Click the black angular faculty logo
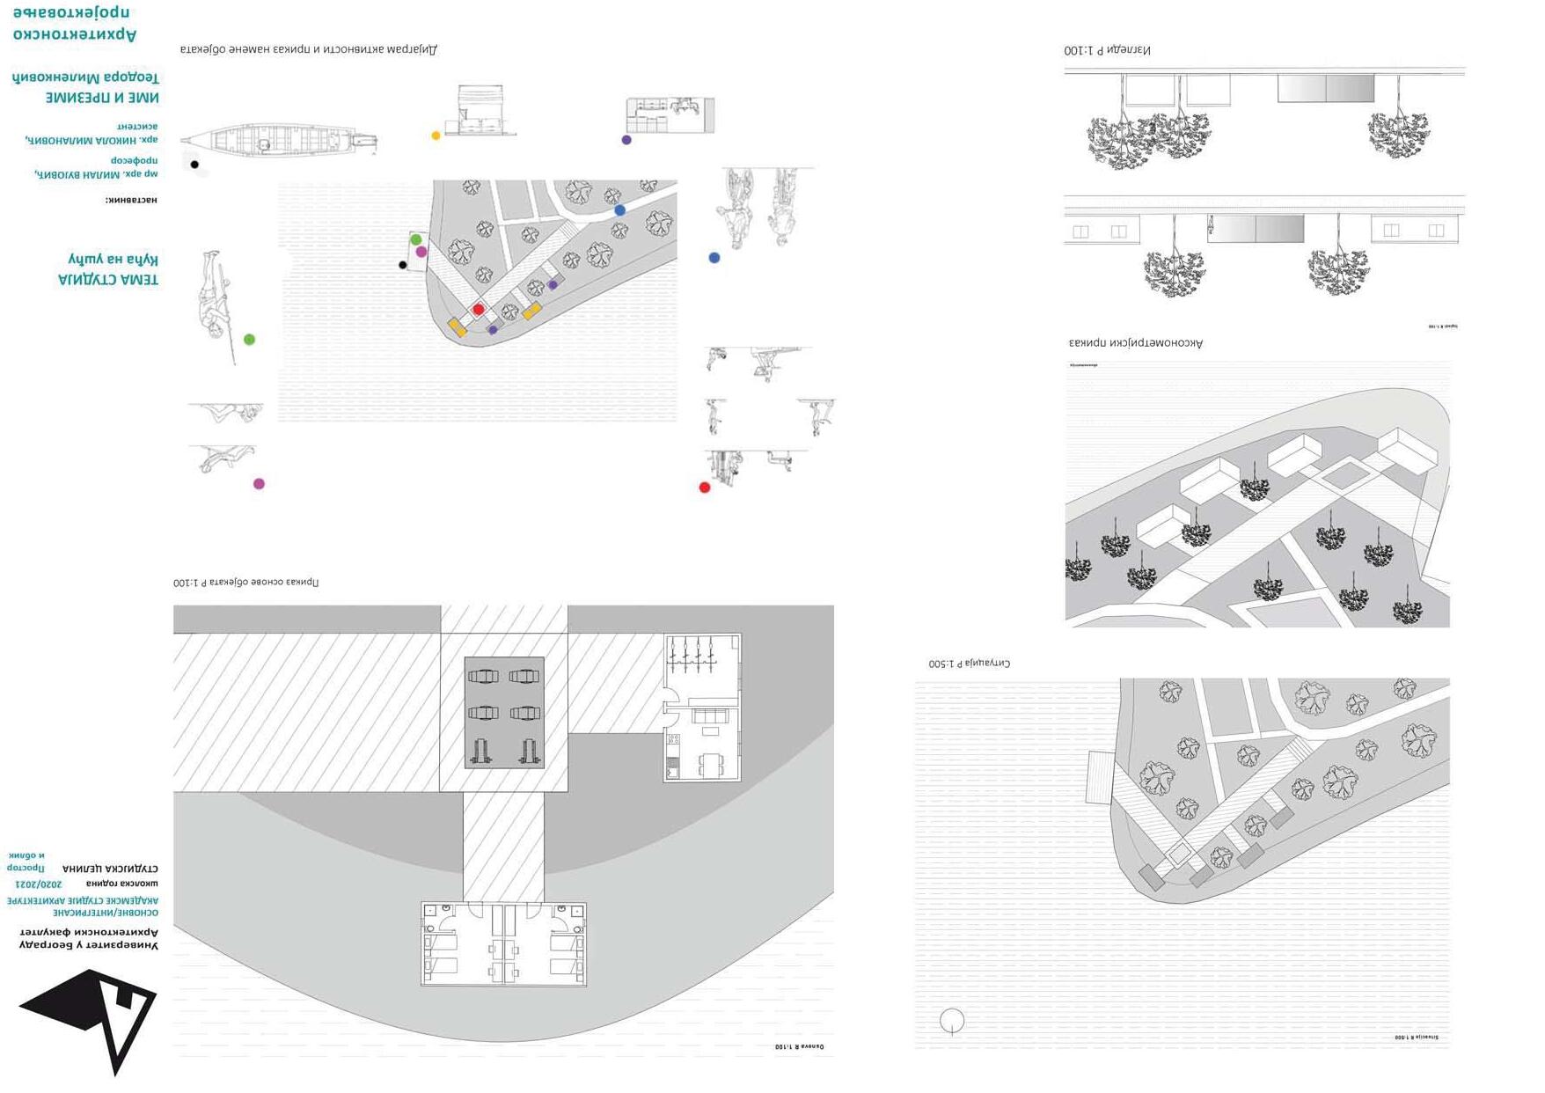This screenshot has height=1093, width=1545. pyautogui.click(x=92, y=1016)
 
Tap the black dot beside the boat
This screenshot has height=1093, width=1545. pyautogui.click(x=194, y=165)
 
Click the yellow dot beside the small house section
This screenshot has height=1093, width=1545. pyautogui.click(x=436, y=136)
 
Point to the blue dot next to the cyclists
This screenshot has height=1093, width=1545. pyautogui.click(x=714, y=258)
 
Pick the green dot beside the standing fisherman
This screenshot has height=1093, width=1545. pyautogui.click(x=249, y=340)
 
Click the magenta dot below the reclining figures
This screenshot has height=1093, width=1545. pyautogui.click(x=259, y=484)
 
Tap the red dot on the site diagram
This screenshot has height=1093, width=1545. pyautogui.click(x=478, y=309)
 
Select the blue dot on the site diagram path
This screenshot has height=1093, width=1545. pyautogui.click(x=620, y=210)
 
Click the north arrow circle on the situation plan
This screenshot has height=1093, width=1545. pyautogui.click(x=952, y=1021)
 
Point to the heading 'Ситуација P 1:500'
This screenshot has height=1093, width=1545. pyautogui.click(x=969, y=663)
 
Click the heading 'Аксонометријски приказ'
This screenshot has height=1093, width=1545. pyautogui.click(x=1135, y=342)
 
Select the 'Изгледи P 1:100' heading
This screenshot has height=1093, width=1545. pyautogui.click(x=1107, y=50)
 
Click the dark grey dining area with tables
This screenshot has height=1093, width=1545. pyautogui.click(x=504, y=712)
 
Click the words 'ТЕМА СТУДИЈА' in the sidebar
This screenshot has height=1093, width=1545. pyautogui.click(x=108, y=280)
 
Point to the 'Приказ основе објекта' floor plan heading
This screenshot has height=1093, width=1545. pyautogui.click(x=245, y=582)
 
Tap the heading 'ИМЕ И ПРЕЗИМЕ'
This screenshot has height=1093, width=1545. pyautogui.click(x=102, y=98)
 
